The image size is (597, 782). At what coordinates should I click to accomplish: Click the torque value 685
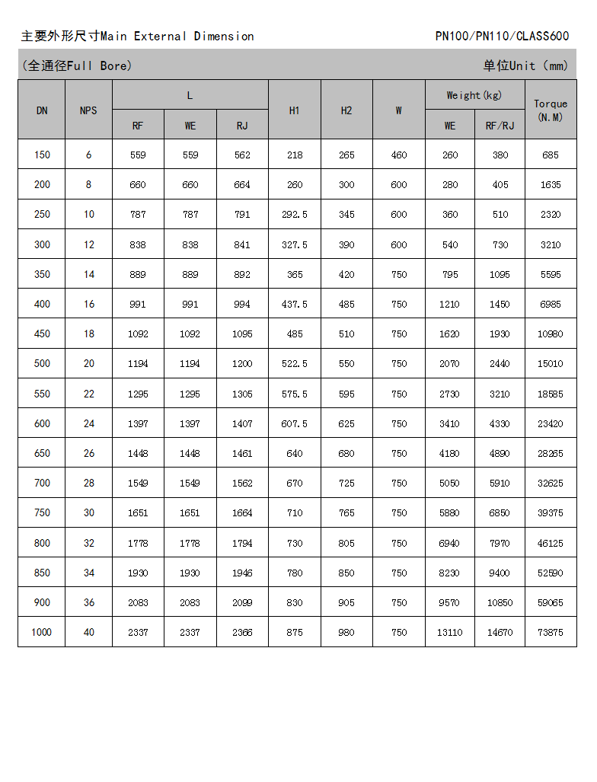coord(551,155)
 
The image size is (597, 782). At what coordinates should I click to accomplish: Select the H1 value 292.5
coord(295,215)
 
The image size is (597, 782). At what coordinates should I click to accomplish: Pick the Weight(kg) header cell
coord(474,95)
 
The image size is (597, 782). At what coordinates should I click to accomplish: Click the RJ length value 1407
coord(242,423)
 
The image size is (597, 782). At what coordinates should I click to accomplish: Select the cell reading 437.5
coord(295,304)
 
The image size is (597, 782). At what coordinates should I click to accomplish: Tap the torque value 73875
coord(551,633)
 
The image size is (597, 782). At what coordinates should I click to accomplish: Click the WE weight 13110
coord(449,633)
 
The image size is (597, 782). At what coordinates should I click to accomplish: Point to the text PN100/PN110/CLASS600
coord(502,36)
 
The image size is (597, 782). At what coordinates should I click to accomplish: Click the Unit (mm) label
coord(525,65)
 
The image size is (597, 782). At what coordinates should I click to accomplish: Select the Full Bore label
coord(77,65)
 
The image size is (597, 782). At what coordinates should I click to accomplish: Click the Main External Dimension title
coord(138,36)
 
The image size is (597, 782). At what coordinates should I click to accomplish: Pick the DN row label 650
coord(42,453)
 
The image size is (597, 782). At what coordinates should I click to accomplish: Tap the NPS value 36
coord(88,602)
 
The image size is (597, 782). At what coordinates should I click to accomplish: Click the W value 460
coord(399,155)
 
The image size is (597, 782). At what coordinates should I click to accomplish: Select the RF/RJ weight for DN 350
coord(500,274)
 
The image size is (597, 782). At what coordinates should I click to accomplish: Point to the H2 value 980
coord(346,633)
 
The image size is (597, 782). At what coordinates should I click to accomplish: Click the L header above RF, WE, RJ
coord(190,95)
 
